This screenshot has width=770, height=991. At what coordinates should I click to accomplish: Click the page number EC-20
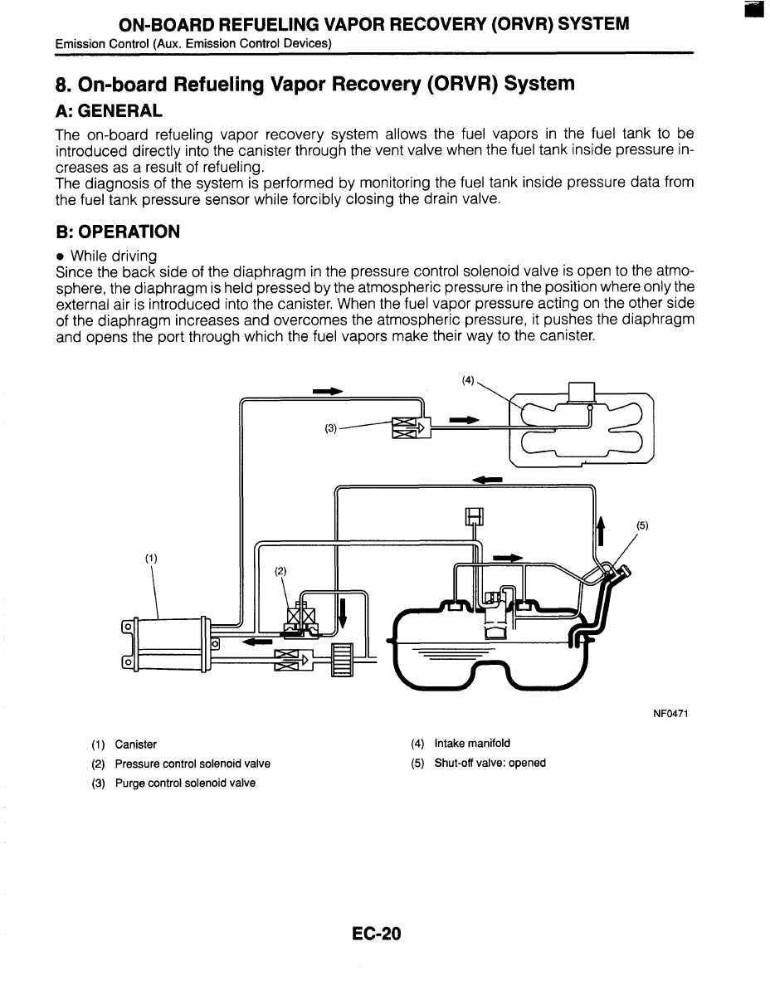click(x=376, y=935)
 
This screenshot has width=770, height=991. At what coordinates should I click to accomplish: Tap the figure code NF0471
click(x=674, y=714)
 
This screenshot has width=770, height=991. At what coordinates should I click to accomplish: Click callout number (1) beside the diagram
click(x=151, y=558)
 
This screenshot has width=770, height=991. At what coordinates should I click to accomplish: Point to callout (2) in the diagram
click(x=280, y=571)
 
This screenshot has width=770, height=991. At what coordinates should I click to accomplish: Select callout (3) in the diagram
click(x=331, y=429)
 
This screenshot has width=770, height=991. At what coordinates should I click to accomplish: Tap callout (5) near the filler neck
click(x=642, y=525)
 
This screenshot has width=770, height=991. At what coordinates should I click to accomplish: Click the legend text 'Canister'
click(x=136, y=744)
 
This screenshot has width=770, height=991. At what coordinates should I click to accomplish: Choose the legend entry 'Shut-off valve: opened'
click(x=490, y=763)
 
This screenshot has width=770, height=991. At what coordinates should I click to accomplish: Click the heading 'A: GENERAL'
click(x=109, y=110)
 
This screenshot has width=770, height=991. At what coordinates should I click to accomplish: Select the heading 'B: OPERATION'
click(x=117, y=232)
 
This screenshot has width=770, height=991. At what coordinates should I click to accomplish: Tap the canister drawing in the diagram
click(x=166, y=643)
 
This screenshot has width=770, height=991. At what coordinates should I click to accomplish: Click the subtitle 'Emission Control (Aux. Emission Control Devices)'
click(x=193, y=43)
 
